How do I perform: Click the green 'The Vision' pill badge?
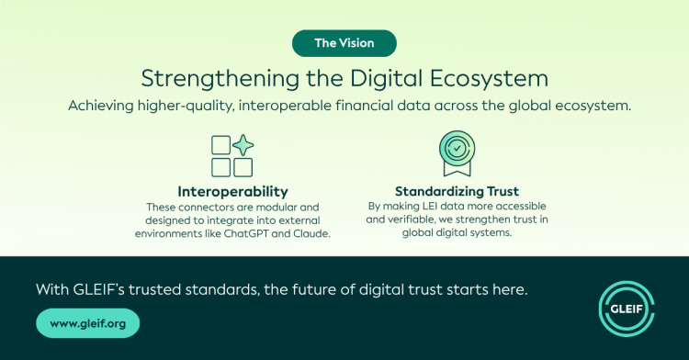(344, 43)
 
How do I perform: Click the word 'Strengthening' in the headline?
(220, 79)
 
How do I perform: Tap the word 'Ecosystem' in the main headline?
(489, 79)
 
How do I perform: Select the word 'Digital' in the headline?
(386, 79)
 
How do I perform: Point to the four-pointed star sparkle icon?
(243, 145)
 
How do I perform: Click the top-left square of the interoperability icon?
(221, 145)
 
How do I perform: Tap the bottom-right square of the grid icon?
(243, 167)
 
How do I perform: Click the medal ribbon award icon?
(457, 153)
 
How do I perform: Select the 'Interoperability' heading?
(233, 191)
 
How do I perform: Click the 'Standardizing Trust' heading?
(457, 191)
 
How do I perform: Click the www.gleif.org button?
(88, 323)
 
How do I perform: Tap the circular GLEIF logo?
(627, 309)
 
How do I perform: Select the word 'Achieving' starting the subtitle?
(101, 107)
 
